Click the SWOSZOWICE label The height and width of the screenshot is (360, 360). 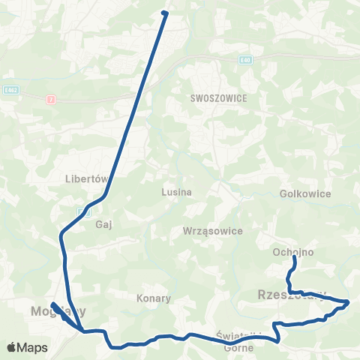[x=218, y=97]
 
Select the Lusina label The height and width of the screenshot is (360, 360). [x=177, y=191]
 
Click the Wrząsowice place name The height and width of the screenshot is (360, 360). [x=213, y=231]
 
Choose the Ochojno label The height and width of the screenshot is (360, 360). [x=292, y=253]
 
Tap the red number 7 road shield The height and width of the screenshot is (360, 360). [x=51, y=99]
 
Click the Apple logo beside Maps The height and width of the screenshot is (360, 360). [x=12, y=347]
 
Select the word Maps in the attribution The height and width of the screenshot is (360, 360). [x=33, y=347]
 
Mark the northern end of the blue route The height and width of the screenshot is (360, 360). [x=164, y=13]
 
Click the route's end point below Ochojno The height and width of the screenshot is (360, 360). [x=294, y=258]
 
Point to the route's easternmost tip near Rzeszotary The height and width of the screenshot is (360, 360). [x=348, y=301]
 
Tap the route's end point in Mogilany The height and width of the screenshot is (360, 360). [x=53, y=305]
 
